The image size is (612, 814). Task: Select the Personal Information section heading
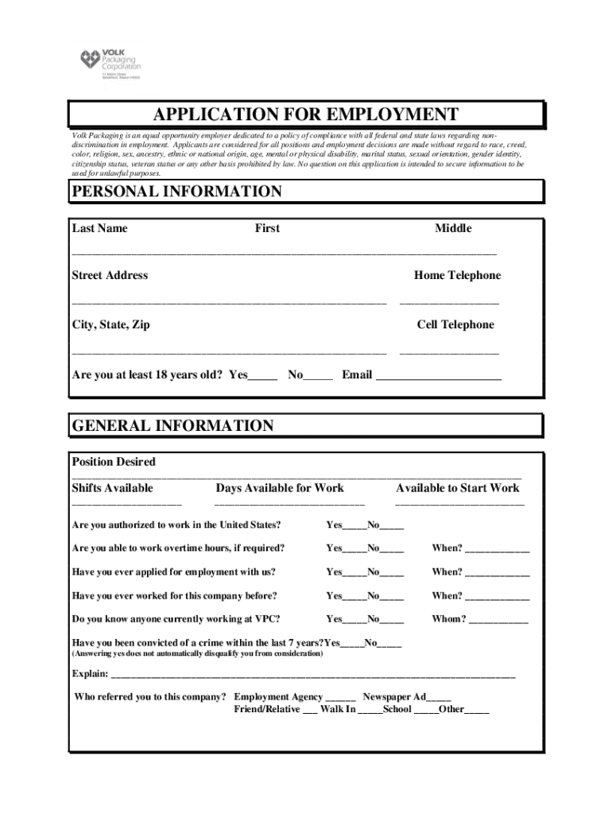point(176,192)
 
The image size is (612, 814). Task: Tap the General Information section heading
point(172,425)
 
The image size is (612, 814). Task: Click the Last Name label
point(99,228)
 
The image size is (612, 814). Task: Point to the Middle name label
point(452,228)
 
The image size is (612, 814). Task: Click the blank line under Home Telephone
point(449,302)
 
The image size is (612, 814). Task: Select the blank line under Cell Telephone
point(449,351)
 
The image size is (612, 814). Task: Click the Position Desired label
point(114,462)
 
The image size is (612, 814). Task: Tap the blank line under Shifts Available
point(126,503)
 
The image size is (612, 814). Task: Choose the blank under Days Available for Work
point(289,503)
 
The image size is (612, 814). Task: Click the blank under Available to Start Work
point(459,503)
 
